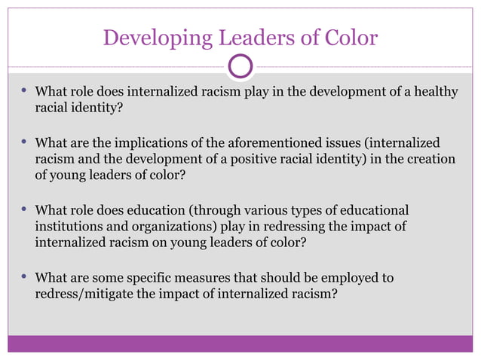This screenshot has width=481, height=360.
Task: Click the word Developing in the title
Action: coord(149,37)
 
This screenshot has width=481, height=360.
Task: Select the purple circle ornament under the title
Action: coord(240,68)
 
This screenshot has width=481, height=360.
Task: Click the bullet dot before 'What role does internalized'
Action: coord(23,92)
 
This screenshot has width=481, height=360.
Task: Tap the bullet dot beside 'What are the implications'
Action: coord(23,142)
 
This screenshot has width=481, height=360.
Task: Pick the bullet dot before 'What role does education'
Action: coord(23,209)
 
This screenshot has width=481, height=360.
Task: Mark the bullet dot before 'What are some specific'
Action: coord(23,277)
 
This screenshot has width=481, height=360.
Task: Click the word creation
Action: coord(430,159)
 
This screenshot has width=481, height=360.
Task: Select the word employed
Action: coord(351,278)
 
